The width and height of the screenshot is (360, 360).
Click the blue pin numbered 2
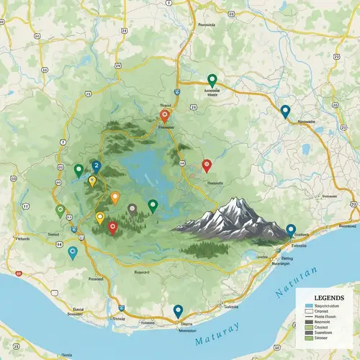(x=96, y=166)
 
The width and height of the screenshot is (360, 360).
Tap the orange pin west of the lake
(x=114, y=197)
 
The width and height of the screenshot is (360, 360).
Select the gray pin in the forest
(x=132, y=209)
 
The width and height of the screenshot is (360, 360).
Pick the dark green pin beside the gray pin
(x=153, y=205)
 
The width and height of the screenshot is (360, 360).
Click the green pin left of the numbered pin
(x=78, y=170)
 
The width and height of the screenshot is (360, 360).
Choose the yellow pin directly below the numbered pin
(x=92, y=181)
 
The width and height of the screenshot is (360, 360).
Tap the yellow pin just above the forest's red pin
(x=100, y=217)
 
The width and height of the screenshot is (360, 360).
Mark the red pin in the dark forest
(x=112, y=227)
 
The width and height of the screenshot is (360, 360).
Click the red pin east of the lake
(x=207, y=165)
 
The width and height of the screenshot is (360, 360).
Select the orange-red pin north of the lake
(x=164, y=114)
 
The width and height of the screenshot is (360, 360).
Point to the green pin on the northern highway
(x=212, y=79)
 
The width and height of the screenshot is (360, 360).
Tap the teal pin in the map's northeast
(x=285, y=111)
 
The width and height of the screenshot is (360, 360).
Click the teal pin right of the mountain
(x=291, y=230)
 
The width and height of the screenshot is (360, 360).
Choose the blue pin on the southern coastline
(x=178, y=311)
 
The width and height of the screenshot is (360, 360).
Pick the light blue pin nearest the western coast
(x=72, y=252)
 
